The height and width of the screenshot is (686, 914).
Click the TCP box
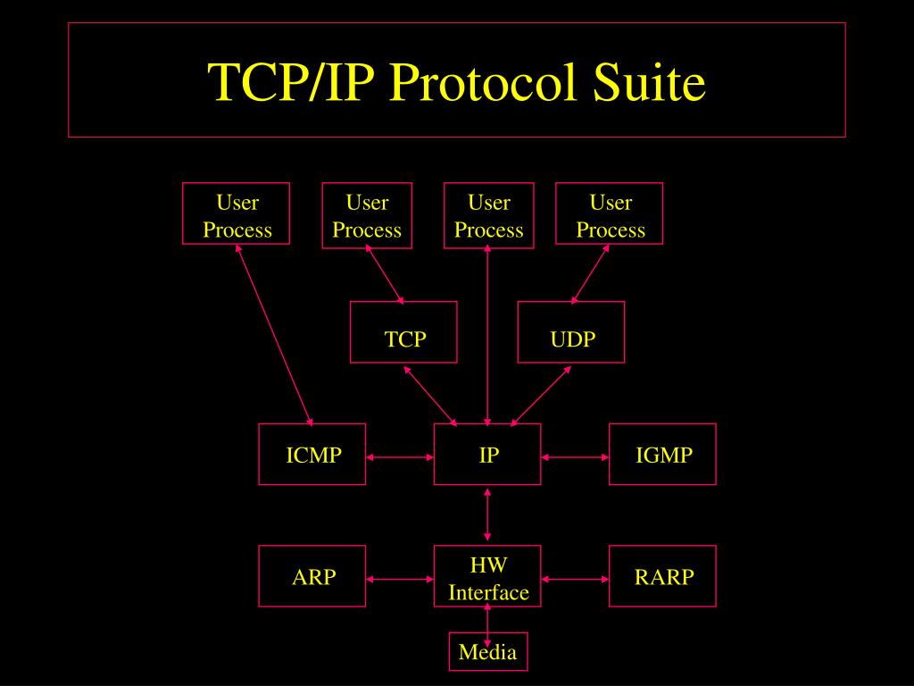[403, 332]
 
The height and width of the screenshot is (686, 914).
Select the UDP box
[571, 332]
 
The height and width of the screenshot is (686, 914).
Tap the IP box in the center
[487, 455]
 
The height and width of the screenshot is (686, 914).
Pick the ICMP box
[312, 455]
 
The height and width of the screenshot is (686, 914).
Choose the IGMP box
[662, 455]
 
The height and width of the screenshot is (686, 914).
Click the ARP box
[312, 576]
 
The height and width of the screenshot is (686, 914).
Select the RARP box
[662, 576]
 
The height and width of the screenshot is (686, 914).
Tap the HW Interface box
[487, 576]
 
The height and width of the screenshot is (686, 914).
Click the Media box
[487, 652]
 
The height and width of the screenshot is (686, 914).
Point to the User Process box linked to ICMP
[237, 214]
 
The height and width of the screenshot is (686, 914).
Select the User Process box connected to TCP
[367, 215]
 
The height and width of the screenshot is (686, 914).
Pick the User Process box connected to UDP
[610, 215]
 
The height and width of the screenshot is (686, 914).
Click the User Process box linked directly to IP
[488, 215]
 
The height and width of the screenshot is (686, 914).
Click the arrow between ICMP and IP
[400, 457]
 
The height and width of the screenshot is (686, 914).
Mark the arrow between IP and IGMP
[575, 457]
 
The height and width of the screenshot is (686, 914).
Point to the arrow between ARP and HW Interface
[400, 579]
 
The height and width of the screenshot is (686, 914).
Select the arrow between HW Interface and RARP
[575, 579]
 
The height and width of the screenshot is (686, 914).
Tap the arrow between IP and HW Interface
[487, 514]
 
